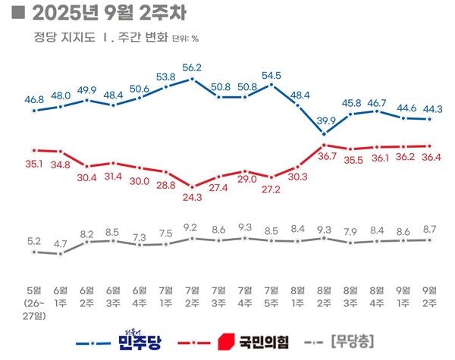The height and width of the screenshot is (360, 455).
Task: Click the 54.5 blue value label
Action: tap(271, 75)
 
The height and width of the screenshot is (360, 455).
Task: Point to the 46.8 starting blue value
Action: tap(34, 99)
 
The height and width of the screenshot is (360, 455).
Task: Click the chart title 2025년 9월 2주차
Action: tap(106, 14)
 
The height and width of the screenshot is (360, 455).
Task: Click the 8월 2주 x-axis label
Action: tap(324, 296)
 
